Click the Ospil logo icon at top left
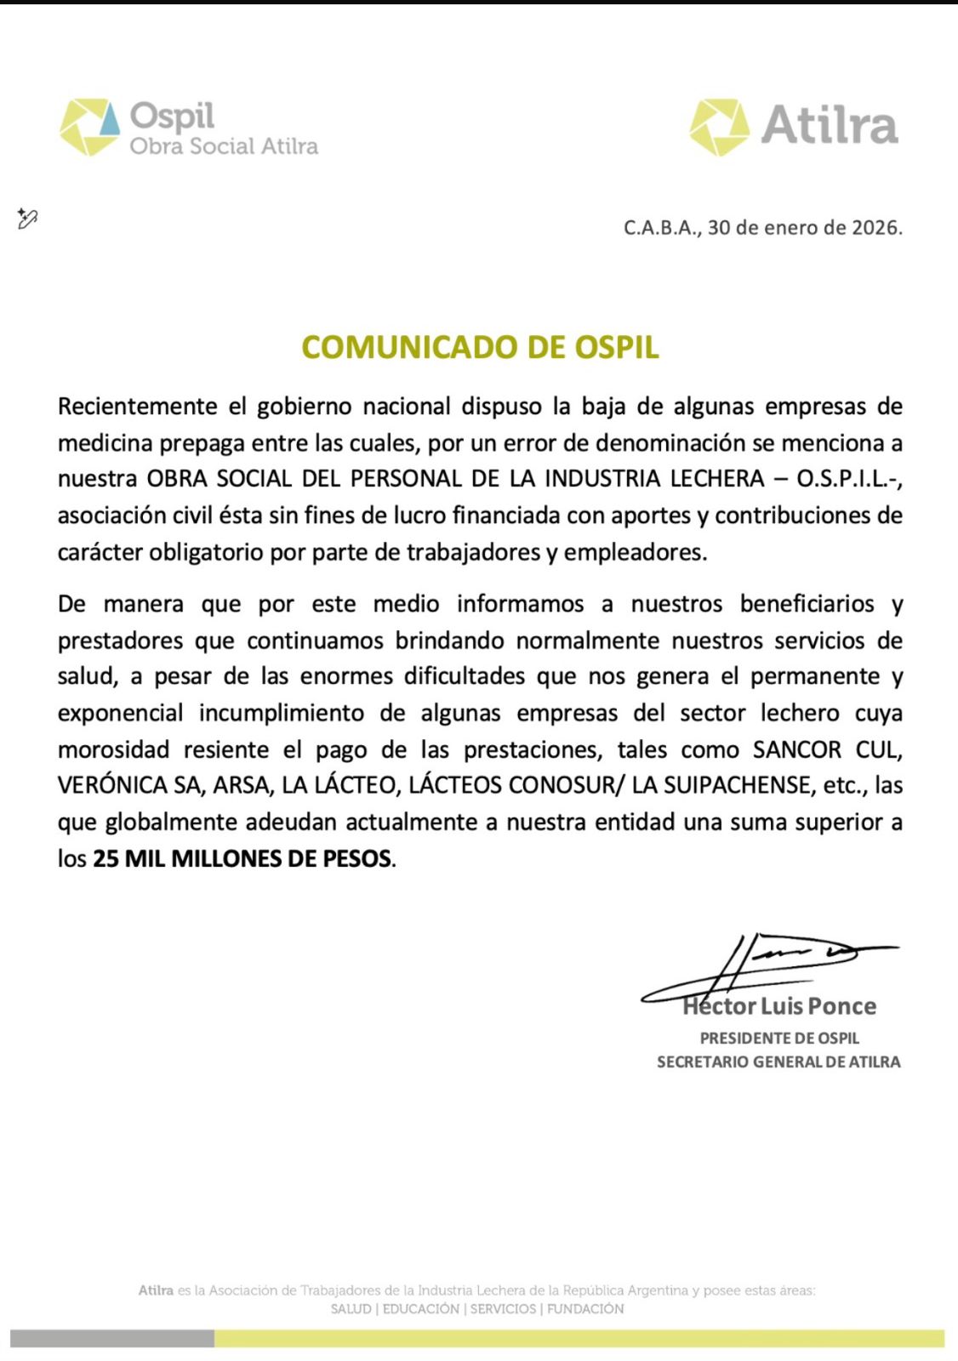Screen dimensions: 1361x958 pyautogui.click(x=89, y=128)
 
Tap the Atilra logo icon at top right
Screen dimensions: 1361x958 pyautogui.click(x=719, y=128)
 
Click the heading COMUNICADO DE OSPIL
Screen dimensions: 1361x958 pyautogui.click(x=480, y=347)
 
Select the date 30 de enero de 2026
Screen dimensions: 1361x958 pyautogui.click(x=804, y=228)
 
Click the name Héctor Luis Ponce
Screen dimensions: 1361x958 pyautogui.click(x=779, y=1006)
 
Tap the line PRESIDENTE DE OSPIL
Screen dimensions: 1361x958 pyautogui.click(x=779, y=1039)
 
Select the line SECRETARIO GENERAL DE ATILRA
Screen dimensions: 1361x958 pyautogui.click(x=778, y=1062)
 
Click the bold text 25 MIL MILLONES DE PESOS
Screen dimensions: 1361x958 pyautogui.click(x=242, y=858)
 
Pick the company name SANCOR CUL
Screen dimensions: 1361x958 pyautogui.click(x=827, y=750)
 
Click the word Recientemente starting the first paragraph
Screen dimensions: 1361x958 pyautogui.click(x=137, y=407)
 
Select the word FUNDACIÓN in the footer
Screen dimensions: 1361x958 pyautogui.click(x=585, y=1309)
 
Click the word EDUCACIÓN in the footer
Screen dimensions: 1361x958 pyautogui.click(x=420, y=1309)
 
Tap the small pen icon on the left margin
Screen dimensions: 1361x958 pyautogui.click(x=27, y=219)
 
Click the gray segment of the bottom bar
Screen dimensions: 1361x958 pyautogui.click(x=112, y=1338)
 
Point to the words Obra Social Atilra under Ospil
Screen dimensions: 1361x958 pyautogui.click(x=224, y=146)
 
